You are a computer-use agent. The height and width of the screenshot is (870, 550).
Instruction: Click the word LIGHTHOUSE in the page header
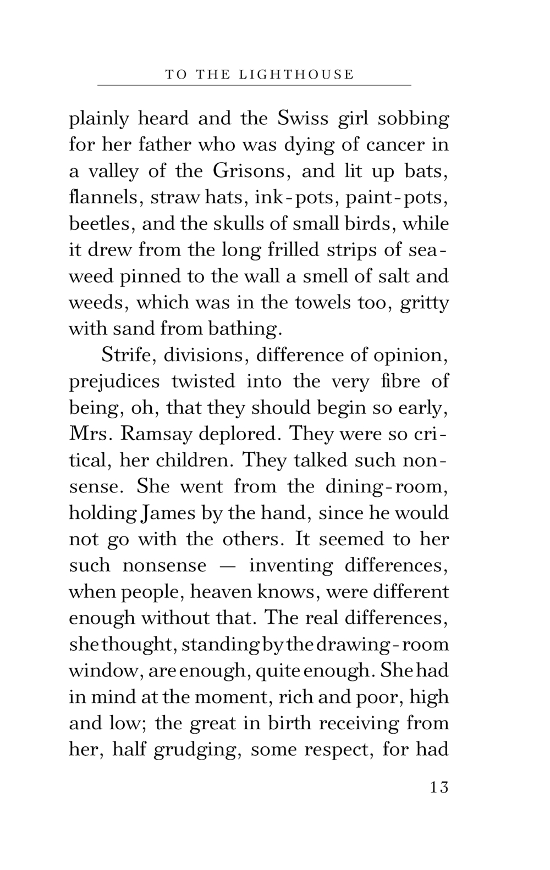(x=297, y=74)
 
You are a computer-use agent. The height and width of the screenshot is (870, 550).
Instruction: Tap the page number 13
(x=439, y=787)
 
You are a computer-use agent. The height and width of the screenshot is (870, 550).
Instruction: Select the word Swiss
(x=303, y=119)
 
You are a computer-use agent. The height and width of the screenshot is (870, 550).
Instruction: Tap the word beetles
(x=101, y=224)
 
